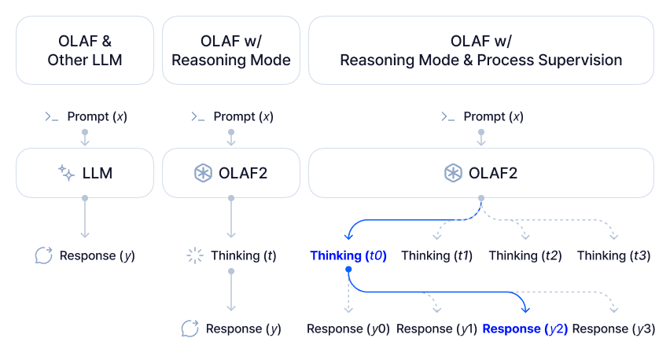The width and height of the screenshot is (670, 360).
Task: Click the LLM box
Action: (85, 173)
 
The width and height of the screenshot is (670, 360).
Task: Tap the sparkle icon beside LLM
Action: (67, 173)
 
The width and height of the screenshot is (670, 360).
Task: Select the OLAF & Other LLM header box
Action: (85, 50)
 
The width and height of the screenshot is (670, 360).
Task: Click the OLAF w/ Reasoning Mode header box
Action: (231, 50)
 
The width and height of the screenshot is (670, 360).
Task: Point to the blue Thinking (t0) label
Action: (348, 255)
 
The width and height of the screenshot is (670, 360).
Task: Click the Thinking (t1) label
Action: (436, 255)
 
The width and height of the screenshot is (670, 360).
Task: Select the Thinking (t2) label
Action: (525, 255)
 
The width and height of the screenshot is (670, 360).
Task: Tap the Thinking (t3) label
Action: (613, 255)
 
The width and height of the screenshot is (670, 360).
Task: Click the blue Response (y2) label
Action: (525, 329)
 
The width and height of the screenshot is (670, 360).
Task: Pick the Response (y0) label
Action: (348, 329)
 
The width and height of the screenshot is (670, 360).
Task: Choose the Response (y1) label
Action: (436, 329)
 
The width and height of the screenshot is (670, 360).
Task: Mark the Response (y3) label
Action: (613, 329)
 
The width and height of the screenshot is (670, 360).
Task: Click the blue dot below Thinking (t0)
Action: (348, 270)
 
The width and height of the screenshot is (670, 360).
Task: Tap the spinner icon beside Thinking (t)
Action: (194, 255)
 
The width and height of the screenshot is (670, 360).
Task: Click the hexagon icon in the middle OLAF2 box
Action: (202, 173)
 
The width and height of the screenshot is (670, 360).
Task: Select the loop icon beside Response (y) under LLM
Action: (44, 255)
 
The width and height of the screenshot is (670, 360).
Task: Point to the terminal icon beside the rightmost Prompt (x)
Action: (448, 116)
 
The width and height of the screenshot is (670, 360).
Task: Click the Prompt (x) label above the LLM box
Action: (98, 116)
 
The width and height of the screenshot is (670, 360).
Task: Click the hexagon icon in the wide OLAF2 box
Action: (453, 173)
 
